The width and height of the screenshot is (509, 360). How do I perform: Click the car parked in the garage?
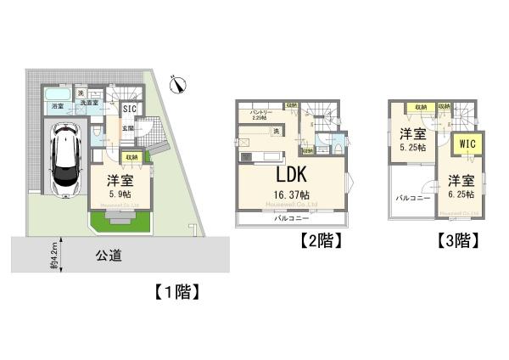click(65, 158)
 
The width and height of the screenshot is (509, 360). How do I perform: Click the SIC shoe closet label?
click(130, 109)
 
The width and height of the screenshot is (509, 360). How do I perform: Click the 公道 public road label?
click(107, 253)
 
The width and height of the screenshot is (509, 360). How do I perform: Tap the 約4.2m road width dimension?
click(53, 256)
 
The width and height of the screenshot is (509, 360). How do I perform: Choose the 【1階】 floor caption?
click(177, 293)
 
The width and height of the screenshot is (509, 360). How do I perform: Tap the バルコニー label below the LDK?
click(289, 218)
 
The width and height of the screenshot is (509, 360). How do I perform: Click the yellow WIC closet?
click(467, 144)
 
